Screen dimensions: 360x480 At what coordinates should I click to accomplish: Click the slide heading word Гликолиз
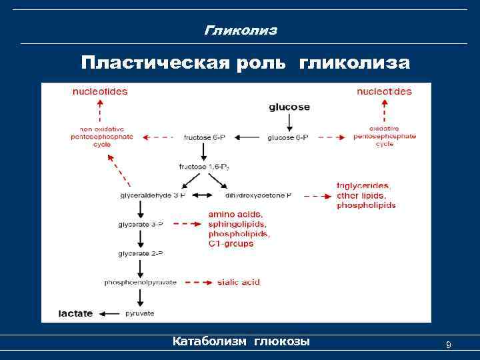point(240,31)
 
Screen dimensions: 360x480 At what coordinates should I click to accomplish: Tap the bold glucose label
point(289,107)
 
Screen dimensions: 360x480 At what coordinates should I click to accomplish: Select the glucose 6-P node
point(288,137)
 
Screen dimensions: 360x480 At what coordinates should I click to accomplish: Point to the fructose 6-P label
point(204,137)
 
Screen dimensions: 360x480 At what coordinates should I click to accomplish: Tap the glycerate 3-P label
point(140,225)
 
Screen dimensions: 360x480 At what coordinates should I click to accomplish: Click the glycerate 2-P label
point(140,254)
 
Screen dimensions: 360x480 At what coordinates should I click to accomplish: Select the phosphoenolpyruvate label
point(140,283)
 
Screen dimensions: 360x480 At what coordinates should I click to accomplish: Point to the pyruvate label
point(141,313)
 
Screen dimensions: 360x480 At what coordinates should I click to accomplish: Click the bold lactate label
point(75,313)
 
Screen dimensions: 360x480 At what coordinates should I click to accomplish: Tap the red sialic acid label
point(239,283)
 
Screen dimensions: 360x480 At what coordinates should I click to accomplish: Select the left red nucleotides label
point(100,91)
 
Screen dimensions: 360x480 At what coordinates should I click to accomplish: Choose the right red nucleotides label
point(384,91)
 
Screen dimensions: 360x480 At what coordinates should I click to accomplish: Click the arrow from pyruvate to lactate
point(111,313)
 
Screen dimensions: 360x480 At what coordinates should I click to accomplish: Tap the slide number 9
point(448,345)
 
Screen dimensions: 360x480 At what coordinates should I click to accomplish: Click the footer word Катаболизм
point(210,342)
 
